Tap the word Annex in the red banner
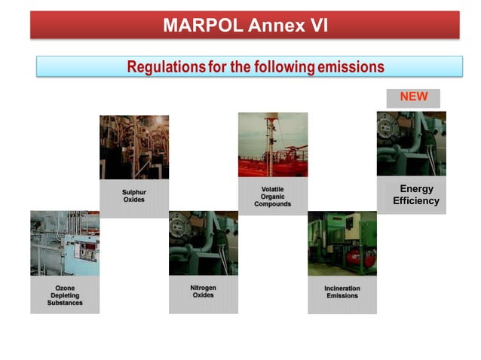coord(265,26)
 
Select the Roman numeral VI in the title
coord(314,26)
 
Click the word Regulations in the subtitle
coord(165,67)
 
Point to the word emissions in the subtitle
coord(350,67)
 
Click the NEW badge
coord(413,97)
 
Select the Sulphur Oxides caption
coord(134,196)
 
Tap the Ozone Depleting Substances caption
coord(65,295)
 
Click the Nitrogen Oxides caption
coord(203,291)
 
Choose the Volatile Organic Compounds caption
coord(272,197)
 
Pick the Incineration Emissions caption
coord(342,292)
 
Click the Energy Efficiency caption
coord(415,195)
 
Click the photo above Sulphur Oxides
coord(134,147)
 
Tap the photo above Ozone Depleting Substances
coord(65,243)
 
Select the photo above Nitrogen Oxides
coord(203,243)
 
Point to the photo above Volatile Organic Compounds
coord(273,145)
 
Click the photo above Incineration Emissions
coord(342,243)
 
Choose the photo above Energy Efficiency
coord(411,143)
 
